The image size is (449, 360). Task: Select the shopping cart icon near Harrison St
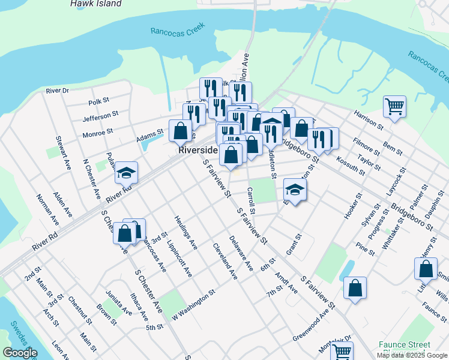coord(394,107)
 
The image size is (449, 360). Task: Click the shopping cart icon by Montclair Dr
coord(342,352)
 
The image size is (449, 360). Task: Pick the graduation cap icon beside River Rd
coord(127,173)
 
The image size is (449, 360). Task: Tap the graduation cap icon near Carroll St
coord(295,190)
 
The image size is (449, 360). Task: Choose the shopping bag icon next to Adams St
coord(180,131)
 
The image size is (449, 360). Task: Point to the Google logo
coord(20,353)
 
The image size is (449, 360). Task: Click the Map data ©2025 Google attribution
coord(412,355)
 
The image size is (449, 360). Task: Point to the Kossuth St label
coord(351,166)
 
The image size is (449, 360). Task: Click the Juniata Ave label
coord(119,300)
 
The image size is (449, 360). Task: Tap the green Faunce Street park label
coord(404,345)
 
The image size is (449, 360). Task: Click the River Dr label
coord(58,91)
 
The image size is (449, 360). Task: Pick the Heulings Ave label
coord(185,232)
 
